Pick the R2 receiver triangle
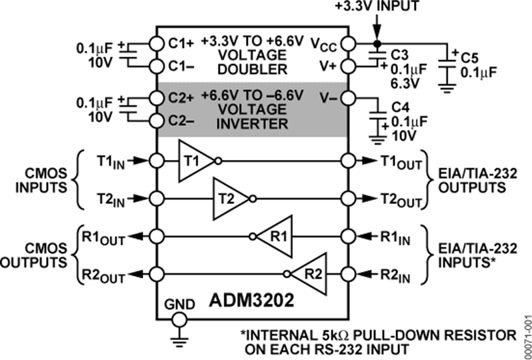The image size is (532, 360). tap(311, 273)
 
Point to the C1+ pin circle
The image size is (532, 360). tap(156, 43)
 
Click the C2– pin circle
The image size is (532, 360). tap(156, 121)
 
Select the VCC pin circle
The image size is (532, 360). tap(347, 43)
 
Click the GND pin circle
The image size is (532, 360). tap(179, 319)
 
